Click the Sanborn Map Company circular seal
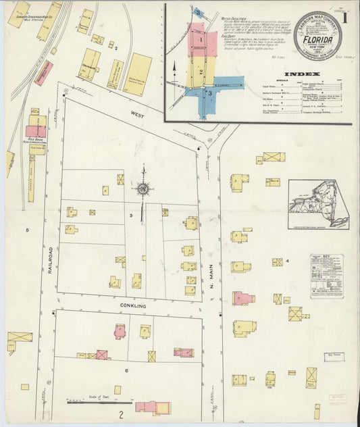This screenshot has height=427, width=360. [317, 35]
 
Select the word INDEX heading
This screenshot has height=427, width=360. [298, 74]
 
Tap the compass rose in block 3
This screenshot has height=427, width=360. [143, 190]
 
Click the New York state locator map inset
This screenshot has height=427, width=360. [318, 205]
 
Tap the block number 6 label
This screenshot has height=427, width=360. [126, 371]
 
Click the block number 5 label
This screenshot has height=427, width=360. [28, 230]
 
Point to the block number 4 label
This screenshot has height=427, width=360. [287, 260]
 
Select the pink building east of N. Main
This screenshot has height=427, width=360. [242, 297]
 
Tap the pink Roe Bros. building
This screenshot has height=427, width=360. [36, 131]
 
